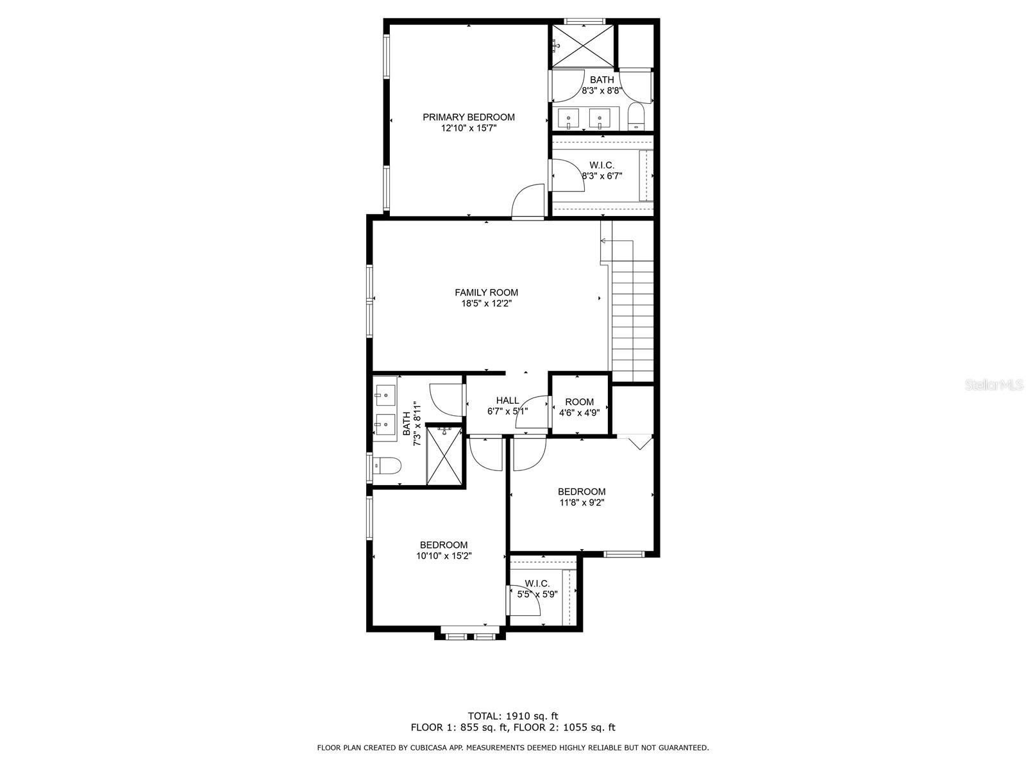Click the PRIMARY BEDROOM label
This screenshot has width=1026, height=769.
click(x=468, y=117)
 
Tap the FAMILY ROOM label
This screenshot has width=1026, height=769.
click(x=486, y=292)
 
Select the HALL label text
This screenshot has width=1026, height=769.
click(x=507, y=400)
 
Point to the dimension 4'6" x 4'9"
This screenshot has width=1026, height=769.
click(x=579, y=413)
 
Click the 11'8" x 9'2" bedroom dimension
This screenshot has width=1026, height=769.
click(x=582, y=502)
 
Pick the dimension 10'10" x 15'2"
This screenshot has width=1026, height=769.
click(x=444, y=556)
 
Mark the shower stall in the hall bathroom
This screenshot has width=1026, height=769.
click(x=444, y=455)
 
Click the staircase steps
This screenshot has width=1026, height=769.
click(x=633, y=321)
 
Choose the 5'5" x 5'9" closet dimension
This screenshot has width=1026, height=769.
click(x=537, y=595)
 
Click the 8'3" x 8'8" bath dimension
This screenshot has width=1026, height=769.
click(x=601, y=90)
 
